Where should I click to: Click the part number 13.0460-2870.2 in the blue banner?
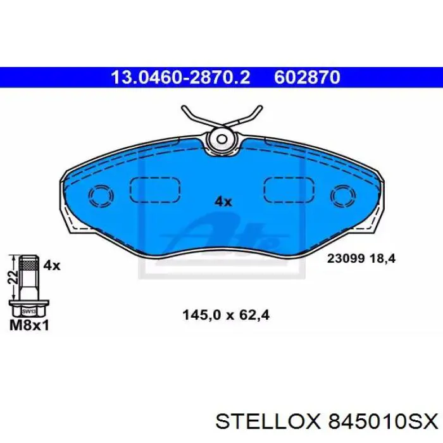[180, 77]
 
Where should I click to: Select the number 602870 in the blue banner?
[307, 77]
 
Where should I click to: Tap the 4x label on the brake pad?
[223, 201]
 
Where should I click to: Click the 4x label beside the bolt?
[52, 266]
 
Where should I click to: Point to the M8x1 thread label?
[29, 325]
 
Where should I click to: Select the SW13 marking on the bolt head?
[29, 311]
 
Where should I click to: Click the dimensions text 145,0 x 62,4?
[226, 315]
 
